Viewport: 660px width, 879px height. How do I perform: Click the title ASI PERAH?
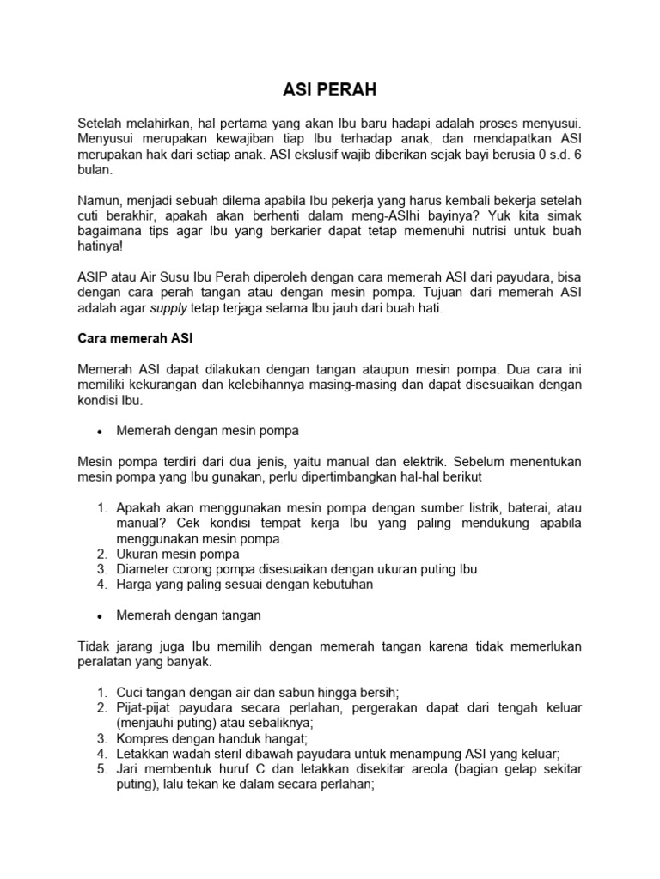pos(330,90)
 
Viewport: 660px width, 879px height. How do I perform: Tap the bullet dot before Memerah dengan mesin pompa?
pos(101,432)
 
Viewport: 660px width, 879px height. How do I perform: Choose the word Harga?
pos(135,585)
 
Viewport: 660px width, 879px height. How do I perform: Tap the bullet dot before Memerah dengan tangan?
pos(101,616)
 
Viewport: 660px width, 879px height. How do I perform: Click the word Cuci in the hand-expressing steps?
pos(131,693)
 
